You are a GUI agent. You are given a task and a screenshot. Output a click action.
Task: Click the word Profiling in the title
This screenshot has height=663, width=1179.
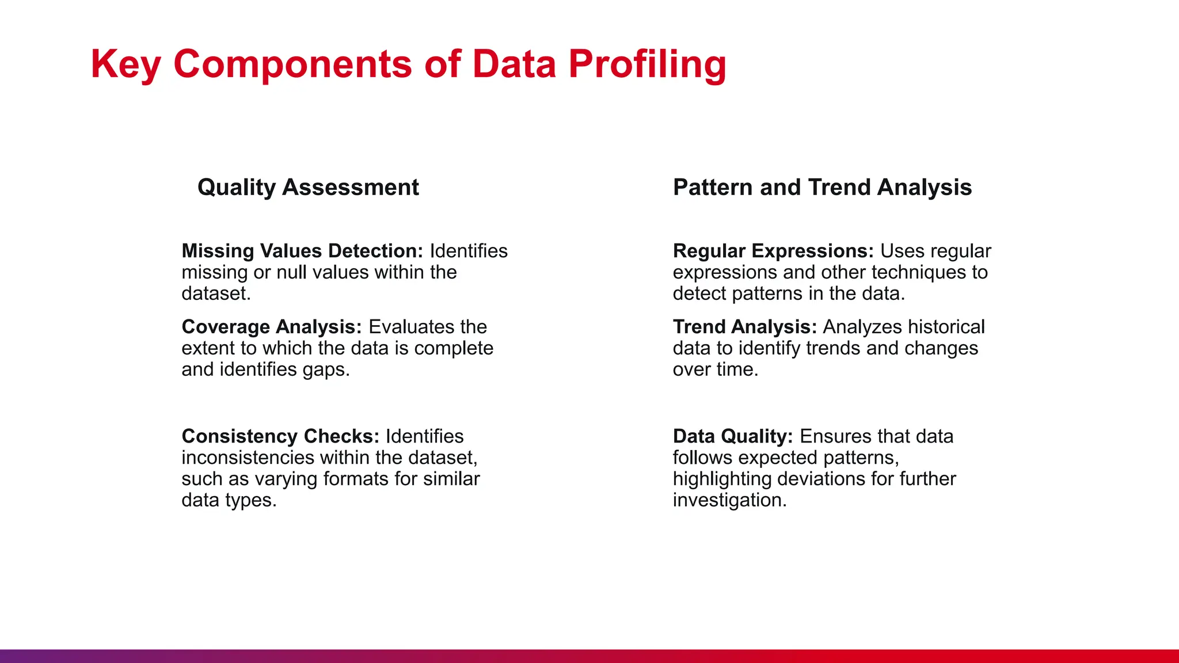(647, 64)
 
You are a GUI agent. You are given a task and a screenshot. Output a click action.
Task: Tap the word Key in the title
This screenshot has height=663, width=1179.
(125, 64)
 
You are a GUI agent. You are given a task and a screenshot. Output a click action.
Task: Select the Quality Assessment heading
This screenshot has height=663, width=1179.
(308, 188)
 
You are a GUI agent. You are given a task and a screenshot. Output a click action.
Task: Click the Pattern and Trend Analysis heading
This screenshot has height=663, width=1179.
(822, 188)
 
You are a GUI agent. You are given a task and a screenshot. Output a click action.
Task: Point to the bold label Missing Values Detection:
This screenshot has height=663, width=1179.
(302, 251)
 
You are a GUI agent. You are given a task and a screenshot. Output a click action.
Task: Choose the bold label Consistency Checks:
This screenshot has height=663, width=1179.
(280, 436)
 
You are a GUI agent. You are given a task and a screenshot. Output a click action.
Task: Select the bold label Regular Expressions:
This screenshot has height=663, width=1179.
(773, 251)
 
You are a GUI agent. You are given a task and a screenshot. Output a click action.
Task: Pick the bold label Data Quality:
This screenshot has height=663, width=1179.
(733, 436)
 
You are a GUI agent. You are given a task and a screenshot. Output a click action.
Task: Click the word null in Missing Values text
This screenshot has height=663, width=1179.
(292, 272)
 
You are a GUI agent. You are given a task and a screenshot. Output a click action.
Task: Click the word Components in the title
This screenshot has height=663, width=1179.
(292, 64)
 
